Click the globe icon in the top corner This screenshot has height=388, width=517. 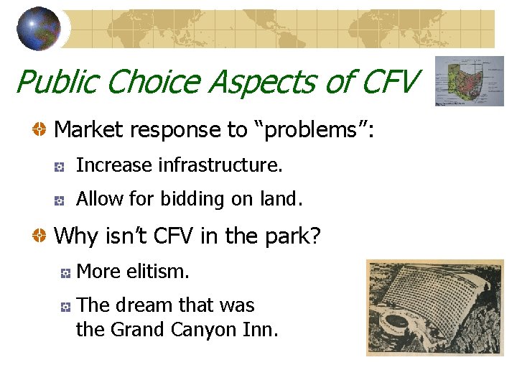38,29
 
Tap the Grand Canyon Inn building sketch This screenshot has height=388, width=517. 434,308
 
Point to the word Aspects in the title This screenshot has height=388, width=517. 265,82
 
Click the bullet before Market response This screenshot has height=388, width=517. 40,130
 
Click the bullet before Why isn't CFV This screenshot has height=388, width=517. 40,236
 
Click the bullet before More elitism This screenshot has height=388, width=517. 64,273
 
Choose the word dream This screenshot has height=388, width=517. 140,305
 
